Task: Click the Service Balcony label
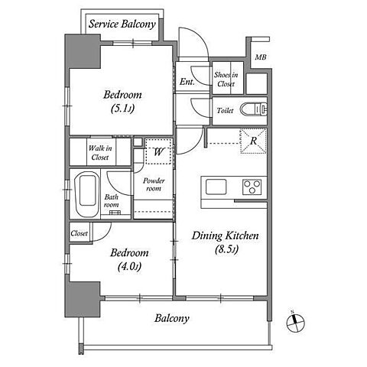pyautogui.click(x=122, y=24)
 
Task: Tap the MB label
pyautogui.click(x=261, y=57)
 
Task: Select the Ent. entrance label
pyautogui.click(x=187, y=82)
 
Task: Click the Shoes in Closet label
pyautogui.click(x=226, y=79)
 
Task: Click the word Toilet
pyautogui.click(x=226, y=110)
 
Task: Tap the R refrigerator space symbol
pyautogui.click(x=253, y=141)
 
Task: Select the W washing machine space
pyautogui.click(x=158, y=151)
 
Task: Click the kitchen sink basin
pyautogui.click(x=216, y=187)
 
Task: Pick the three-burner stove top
pyautogui.click(x=252, y=187)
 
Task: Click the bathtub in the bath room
pyautogui.click(x=88, y=194)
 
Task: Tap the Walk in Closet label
pyautogui.click(x=100, y=153)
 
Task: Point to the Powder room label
pyautogui.click(x=154, y=184)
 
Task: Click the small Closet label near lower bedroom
pyautogui.click(x=80, y=233)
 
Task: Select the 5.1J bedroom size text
pyautogui.click(x=122, y=109)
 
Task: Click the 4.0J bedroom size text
pyautogui.click(x=129, y=267)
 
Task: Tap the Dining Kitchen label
pyautogui.click(x=225, y=236)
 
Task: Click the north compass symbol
pyautogui.click(x=295, y=323)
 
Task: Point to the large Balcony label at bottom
pyautogui.click(x=172, y=319)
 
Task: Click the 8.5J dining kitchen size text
pyautogui.click(x=226, y=249)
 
